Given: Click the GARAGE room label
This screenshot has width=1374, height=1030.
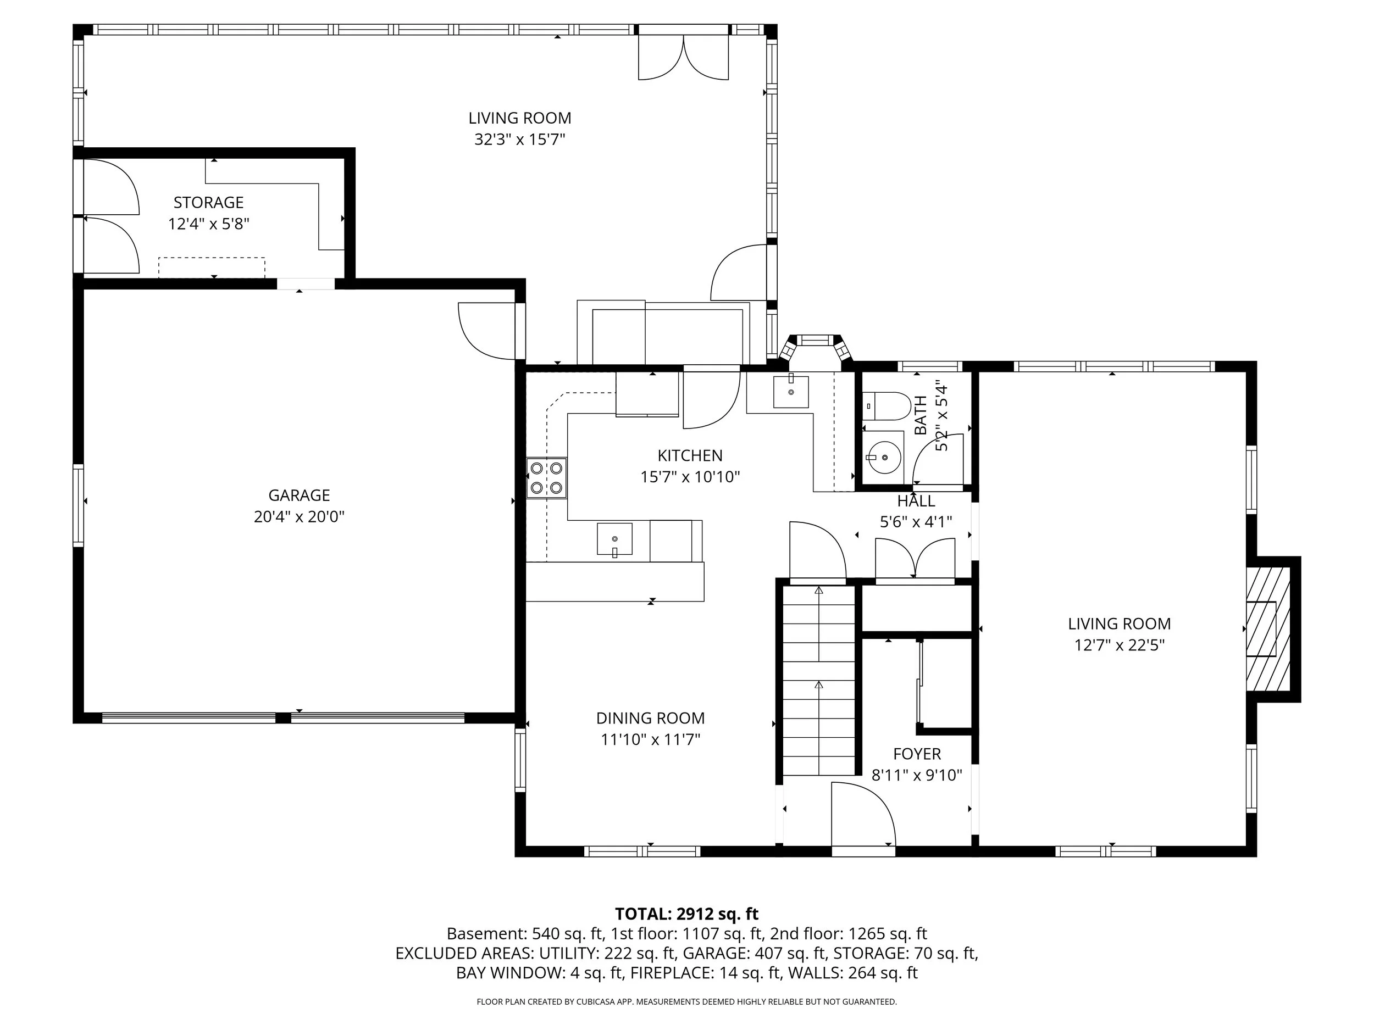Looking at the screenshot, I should tap(299, 495).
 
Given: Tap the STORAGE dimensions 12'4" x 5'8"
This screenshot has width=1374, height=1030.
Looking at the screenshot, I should tap(209, 224).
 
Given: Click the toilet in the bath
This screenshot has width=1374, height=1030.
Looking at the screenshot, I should tap(887, 405).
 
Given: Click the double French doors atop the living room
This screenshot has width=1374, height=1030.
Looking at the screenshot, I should tap(683, 57).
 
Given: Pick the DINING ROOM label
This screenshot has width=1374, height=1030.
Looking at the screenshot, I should tap(650, 719).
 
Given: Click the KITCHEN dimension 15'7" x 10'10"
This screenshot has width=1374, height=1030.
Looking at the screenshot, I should tap(690, 477).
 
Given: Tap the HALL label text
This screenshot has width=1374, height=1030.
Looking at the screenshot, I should tap(916, 501).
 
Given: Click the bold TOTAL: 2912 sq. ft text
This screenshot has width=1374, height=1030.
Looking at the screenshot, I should tap(686, 914).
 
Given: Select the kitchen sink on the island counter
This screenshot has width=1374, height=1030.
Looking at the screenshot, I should tap(614, 539).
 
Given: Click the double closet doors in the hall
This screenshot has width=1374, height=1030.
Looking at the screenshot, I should tap(915, 559).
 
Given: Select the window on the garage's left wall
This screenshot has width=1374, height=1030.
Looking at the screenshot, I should tap(78, 505).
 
